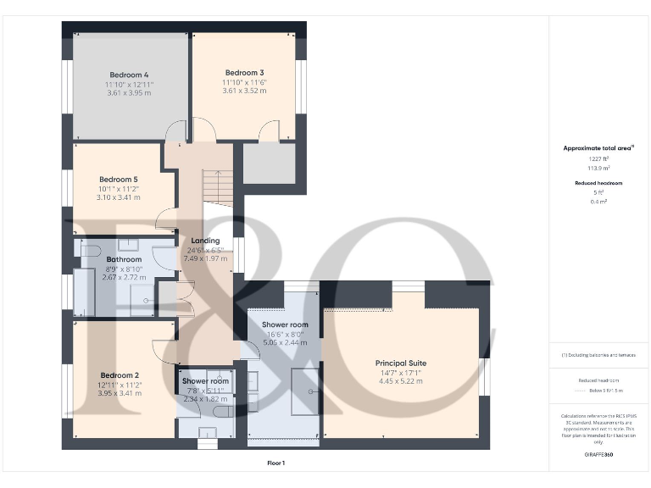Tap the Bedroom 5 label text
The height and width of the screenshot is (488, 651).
pyautogui.click(x=118, y=180)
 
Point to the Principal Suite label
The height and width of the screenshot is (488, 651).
pyautogui.click(x=400, y=363)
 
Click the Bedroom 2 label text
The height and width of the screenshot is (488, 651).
pyautogui.click(x=119, y=375)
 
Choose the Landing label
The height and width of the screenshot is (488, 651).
pyautogui.click(x=206, y=241)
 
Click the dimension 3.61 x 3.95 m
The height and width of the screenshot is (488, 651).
pyautogui.click(x=130, y=93)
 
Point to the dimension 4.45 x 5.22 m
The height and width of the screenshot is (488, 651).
pyautogui.click(x=400, y=381)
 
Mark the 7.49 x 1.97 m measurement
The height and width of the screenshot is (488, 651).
pyautogui.click(x=206, y=258)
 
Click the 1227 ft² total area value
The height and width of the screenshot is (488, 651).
pyautogui.click(x=598, y=158)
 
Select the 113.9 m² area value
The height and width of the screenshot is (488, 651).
pyautogui.click(x=598, y=168)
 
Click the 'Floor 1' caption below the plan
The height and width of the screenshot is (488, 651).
pyautogui.click(x=275, y=463)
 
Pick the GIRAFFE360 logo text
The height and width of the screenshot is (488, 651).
pyautogui.click(x=598, y=456)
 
